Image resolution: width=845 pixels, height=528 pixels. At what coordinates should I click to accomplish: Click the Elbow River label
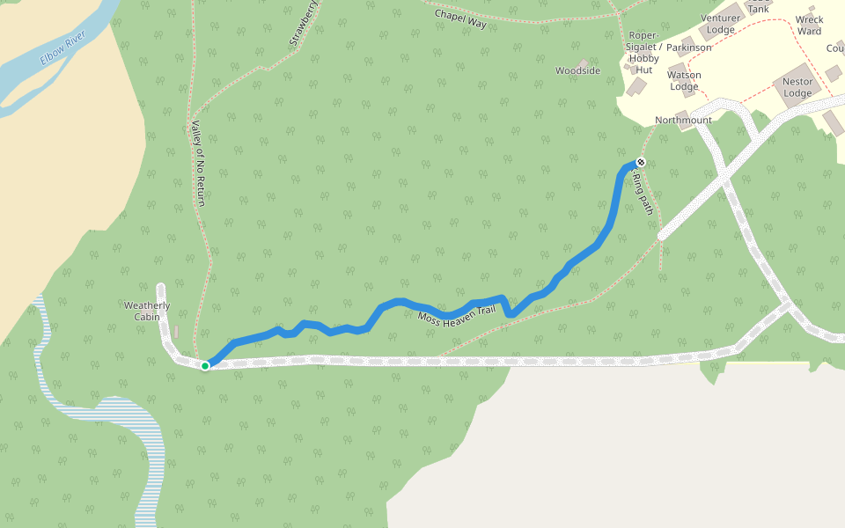[x=63, y=49]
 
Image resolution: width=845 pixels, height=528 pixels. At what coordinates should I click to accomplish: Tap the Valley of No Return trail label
[x=198, y=164]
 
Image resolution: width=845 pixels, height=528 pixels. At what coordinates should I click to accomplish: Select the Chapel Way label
[x=459, y=19]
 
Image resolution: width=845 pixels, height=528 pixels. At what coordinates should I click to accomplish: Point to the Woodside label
[x=577, y=70]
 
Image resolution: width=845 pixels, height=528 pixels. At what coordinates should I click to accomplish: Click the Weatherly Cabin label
[x=147, y=312]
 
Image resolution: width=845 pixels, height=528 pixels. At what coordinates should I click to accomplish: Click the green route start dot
[x=205, y=365]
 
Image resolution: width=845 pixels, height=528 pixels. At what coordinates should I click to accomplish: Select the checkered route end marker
[x=641, y=162]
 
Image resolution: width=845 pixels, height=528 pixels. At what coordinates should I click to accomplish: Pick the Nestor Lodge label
[x=797, y=88]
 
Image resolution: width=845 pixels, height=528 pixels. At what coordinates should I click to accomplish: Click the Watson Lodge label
[x=684, y=81]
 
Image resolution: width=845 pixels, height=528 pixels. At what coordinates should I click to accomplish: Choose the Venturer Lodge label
[x=720, y=24]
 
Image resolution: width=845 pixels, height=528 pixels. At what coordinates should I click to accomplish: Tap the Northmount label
[x=683, y=120]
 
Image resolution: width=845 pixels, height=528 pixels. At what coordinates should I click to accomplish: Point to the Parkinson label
[x=688, y=48]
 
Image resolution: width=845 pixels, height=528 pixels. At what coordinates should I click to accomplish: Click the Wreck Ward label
[x=809, y=26]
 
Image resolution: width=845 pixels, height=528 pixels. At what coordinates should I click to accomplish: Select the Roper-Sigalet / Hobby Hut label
[x=643, y=52]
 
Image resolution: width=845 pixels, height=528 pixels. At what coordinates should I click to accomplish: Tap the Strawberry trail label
[x=303, y=24]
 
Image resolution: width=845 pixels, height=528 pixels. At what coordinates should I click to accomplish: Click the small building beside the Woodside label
[x=584, y=62]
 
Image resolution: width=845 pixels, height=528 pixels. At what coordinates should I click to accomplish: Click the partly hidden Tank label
[x=759, y=8]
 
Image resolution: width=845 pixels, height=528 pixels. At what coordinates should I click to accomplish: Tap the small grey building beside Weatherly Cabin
[x=176, y=331]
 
